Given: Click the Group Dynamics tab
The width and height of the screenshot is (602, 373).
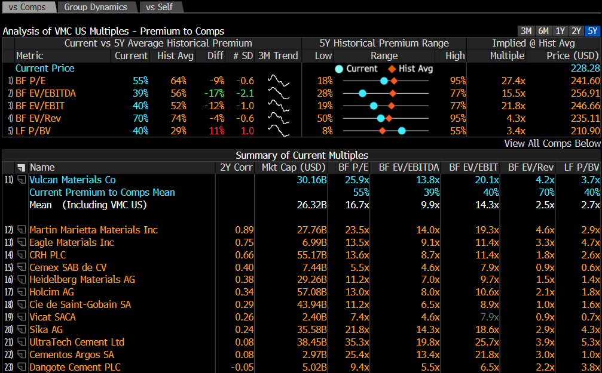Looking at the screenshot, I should (96, 7).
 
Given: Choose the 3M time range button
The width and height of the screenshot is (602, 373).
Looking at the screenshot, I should (526, 31).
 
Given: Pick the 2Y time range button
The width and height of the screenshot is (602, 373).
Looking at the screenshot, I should (576, 31).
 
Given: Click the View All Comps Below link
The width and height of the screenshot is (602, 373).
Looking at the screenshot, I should (552, 143).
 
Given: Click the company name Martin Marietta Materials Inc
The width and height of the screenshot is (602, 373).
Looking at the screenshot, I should (93, 230).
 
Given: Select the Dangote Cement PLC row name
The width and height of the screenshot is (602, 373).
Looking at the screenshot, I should (75, 367).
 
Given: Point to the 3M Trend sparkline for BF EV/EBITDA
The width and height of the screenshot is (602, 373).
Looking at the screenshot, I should (278, 93).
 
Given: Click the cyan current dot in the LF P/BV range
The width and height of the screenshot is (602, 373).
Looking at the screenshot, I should (402, 131).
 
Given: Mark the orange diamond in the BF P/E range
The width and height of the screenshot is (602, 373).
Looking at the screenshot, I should (393, 81).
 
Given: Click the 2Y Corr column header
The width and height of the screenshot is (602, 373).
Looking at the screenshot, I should (236, 168).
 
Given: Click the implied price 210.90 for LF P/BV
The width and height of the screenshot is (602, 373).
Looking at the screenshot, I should (585, 131).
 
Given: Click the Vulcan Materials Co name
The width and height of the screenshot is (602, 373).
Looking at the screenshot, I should (72, 180).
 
